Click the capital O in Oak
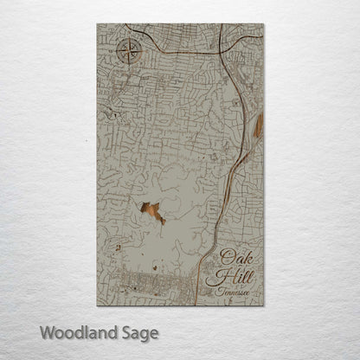(x=227, y=256)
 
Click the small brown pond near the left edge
(x=116, y=247)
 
